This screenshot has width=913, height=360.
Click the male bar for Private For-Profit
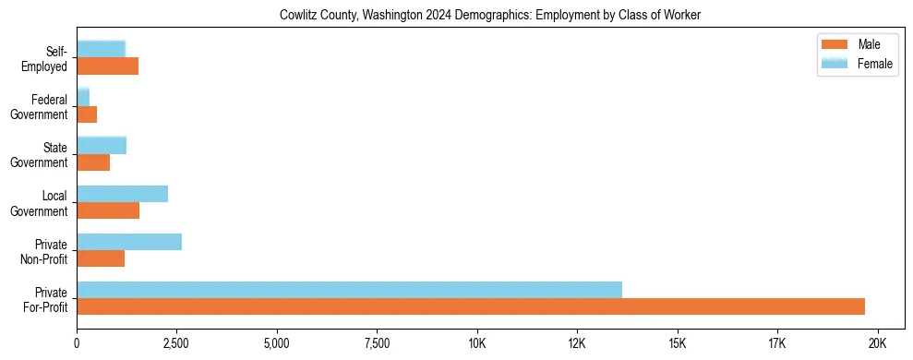coord(471,306)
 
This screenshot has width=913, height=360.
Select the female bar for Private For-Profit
coord(349,290)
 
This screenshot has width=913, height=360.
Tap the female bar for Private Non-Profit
coord(129,242)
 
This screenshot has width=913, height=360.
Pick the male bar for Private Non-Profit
coord(101,258)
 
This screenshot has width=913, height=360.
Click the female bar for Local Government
coord(122,194)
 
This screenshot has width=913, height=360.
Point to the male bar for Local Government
coord(108,210)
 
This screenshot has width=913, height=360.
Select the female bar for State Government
coord(102,146)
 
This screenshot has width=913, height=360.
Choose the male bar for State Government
coord(93,162)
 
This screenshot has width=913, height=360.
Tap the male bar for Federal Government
coord(87,114)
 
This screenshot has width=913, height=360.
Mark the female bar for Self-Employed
coord(101,49)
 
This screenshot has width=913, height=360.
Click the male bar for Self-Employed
coord(107,66)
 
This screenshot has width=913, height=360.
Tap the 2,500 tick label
coord(176,342)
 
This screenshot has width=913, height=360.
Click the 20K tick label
coord(877,342)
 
